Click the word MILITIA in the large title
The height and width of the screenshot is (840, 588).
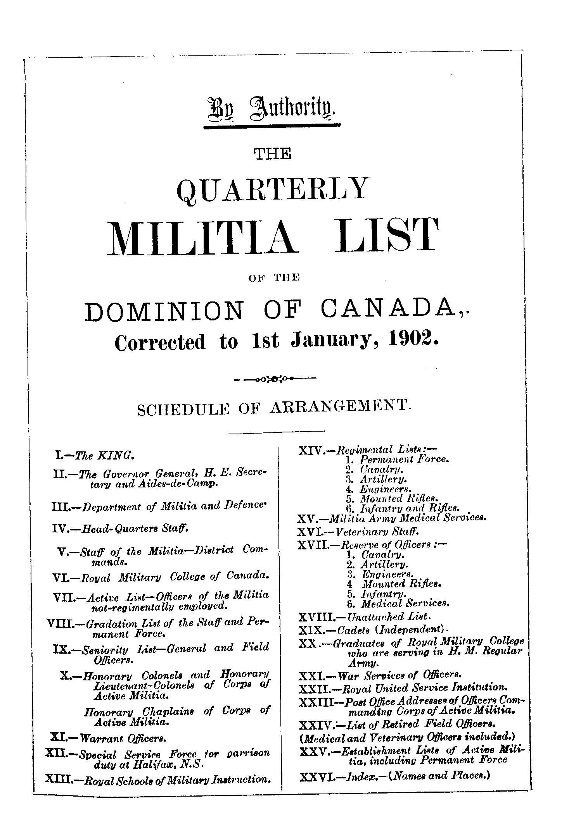201,238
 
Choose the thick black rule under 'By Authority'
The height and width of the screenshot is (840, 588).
272,126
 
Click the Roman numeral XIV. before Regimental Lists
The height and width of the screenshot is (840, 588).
312,451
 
